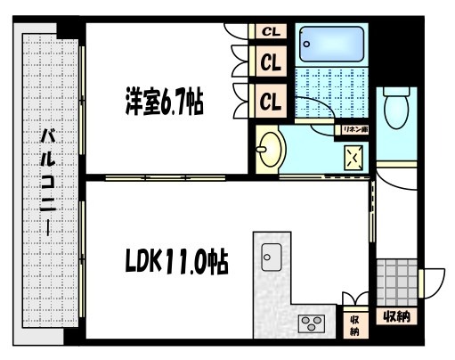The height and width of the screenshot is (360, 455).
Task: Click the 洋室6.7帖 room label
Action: coord(164,102)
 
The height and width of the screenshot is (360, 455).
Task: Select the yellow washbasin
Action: coord(270,147)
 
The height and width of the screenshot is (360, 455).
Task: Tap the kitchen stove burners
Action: coord(313,322)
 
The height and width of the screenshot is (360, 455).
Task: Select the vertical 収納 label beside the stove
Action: coord(354,325)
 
